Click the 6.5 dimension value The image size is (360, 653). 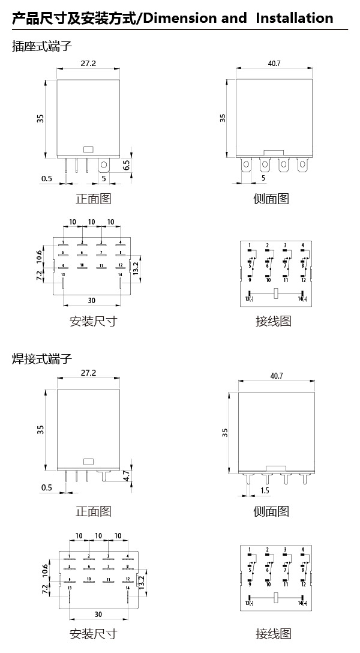(127, 165)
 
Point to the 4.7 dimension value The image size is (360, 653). (126, 477)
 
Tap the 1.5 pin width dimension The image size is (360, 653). (265, 491)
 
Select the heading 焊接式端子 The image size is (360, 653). (42, 359)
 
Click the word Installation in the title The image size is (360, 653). (295, 18)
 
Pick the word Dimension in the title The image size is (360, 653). (181, 18)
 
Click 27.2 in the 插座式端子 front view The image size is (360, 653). (88, 63)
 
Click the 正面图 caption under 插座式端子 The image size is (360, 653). (93, 199)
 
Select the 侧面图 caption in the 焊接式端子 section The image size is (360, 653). (271, 511)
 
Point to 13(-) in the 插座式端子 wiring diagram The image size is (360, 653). (249, 299)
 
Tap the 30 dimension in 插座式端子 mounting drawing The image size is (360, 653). (92, 300)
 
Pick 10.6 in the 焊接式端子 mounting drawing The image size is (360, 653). (44, 570)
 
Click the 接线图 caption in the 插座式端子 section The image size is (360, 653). (273, 321)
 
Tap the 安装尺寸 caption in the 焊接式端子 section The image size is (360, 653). (93, 634)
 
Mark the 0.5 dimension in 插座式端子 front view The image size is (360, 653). (46, 179)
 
